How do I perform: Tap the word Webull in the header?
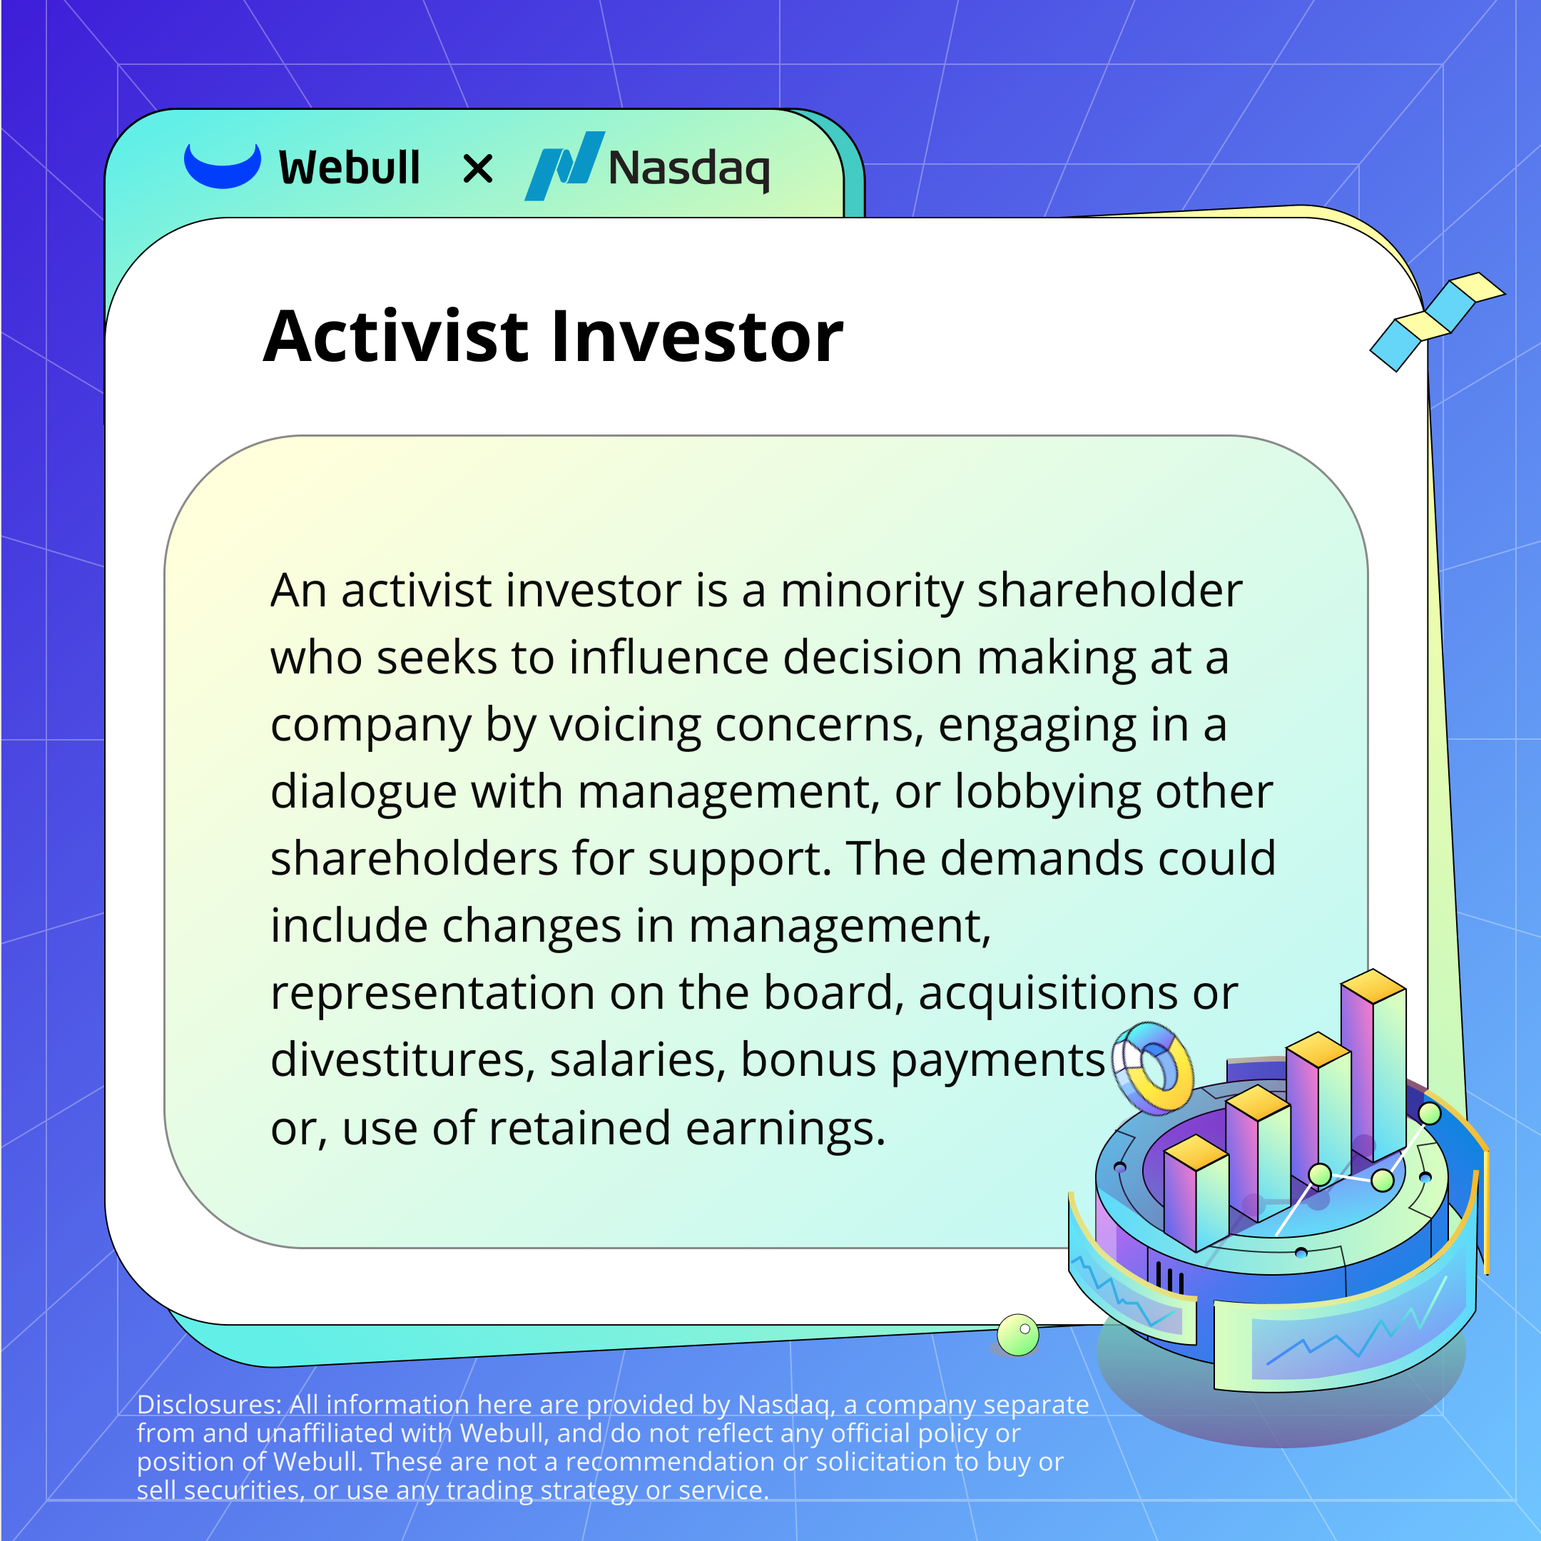pos(350,168)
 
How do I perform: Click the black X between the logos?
pos(478,169)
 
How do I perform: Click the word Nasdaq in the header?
pos(689,169)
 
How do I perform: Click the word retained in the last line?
pos(580,1129)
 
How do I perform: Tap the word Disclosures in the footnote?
pos(209,1405)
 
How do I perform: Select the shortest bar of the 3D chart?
pos(1196,1191)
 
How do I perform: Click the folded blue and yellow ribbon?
pos(1438,322)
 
